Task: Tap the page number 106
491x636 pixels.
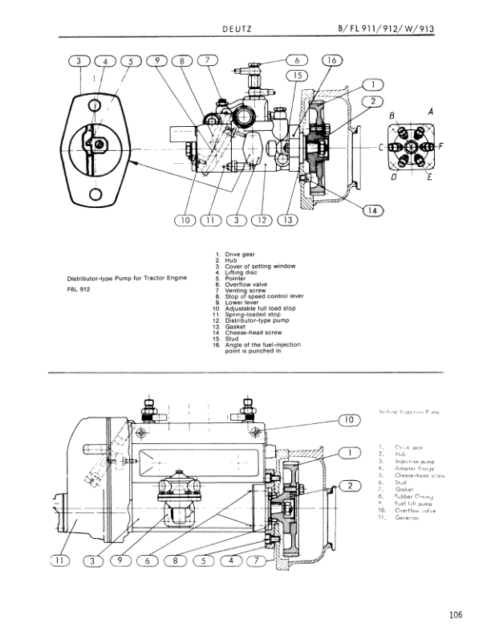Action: [457, 615]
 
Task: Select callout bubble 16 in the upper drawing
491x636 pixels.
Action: [332, 60]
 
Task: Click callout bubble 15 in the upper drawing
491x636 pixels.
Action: [298, 75]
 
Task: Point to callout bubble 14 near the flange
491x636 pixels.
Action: [372, 210]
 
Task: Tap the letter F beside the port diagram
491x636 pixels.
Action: [442, 148]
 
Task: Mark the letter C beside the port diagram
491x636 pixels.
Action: [382, 148]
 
